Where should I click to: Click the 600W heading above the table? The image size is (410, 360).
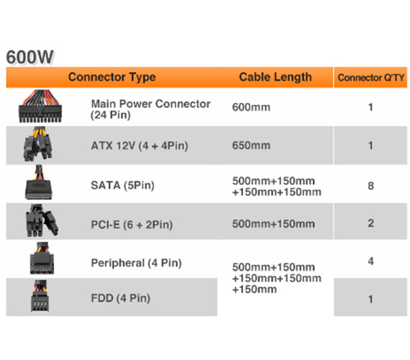(29, 57)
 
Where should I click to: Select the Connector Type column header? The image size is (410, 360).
(112, 77)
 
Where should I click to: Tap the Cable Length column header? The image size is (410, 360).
(275, 77)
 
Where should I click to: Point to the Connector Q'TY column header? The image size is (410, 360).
(370, 78)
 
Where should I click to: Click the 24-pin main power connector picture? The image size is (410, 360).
(40, 106)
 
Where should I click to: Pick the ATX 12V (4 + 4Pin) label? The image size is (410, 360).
(140, 145)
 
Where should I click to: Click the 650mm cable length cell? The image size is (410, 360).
(251, 145)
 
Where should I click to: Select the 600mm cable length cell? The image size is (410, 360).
(251, 107)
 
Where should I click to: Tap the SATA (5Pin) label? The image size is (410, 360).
(122, 185)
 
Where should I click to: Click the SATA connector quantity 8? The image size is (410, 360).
(370, 186)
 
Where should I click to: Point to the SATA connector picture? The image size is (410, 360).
(39, 182)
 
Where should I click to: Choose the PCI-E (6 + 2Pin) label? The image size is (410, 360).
(132, 225)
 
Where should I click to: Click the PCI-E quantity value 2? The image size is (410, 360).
(370, 223)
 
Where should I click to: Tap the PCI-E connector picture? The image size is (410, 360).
(42, 220)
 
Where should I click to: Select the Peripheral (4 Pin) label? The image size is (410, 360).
(136, 263)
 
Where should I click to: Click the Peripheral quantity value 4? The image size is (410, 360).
(370, 261)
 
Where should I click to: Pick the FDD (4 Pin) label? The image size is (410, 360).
(121, 298)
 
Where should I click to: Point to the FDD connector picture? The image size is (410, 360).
(40, 296)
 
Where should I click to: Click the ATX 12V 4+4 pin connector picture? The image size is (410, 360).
(38, 144)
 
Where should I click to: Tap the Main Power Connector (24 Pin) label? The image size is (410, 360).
(150, 109)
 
